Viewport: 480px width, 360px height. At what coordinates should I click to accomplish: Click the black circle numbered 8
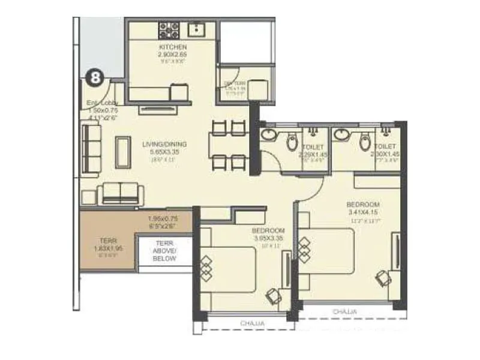pyautogui.click(x=94, y=77)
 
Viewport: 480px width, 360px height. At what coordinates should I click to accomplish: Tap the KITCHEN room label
pyautogui.click(x=173, y=47)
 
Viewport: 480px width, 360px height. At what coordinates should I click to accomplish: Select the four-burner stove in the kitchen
pyautogui.click(x=169, y=29)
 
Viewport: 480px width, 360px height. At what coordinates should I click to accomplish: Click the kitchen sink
pyautogui.click(x=196, y=28)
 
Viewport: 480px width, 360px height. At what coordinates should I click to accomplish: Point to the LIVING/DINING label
pyautogui.click(x=164, y=144)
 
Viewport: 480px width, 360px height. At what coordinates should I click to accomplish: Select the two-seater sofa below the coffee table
pyautogui.click(x=120, y=193)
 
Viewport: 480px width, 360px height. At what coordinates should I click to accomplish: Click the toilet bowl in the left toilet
pyautogui.click(x=292, y=142)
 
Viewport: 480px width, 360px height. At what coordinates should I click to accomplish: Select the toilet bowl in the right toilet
pyautogui.click(x=364, y=142)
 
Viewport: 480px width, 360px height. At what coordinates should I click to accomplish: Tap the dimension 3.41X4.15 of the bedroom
pyautogui.click(x=363, y=212)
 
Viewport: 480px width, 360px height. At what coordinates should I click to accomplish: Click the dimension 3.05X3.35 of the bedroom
pyautogui.click(x=268, y=238)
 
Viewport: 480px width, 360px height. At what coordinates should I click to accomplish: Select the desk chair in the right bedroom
pyautogui.click(x=382, y=277)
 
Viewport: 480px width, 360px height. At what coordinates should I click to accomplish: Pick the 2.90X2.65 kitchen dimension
pyautogui.click(x=173, y=54)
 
